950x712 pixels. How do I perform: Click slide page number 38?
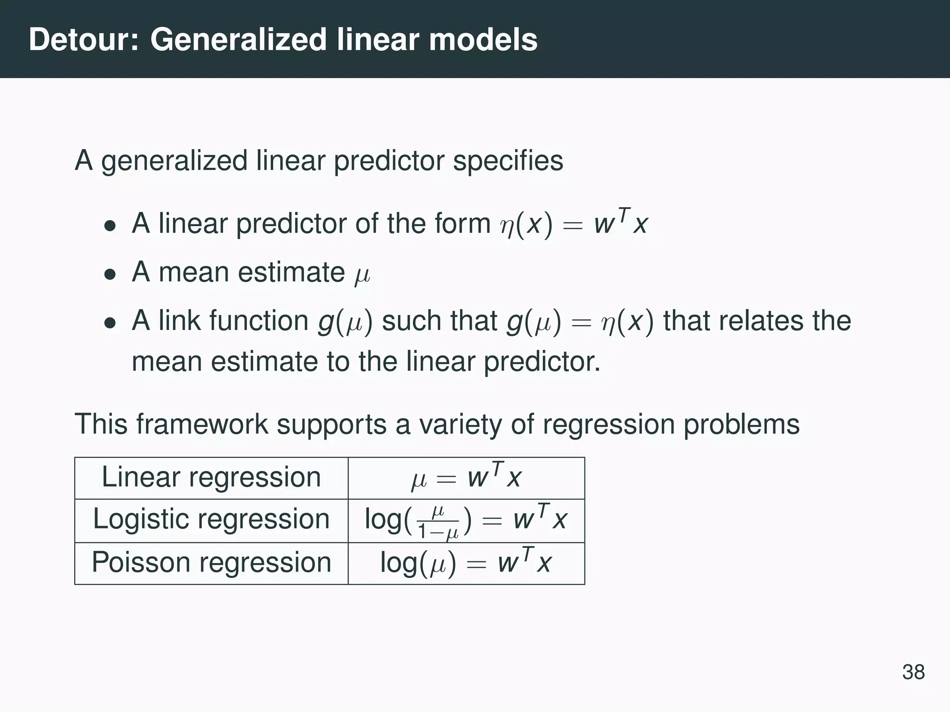(x=913, y=672)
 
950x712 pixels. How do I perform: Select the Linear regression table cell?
(x=211, y=477)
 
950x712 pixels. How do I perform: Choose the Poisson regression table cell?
(x=211, y=563)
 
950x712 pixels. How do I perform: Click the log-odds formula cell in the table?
(x=466, y=520)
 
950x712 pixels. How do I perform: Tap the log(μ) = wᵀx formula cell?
(x=466, y=563)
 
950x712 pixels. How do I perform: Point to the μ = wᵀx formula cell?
(x=466, y=478)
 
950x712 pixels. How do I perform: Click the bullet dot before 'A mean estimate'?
(x=109, y=274)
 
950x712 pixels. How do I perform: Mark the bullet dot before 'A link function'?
(x=109, y=323)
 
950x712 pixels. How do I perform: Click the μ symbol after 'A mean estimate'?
(x=362, y=274)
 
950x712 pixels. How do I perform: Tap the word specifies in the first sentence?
(x=507, y=161)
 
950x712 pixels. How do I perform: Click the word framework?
(x=202, y=424)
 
